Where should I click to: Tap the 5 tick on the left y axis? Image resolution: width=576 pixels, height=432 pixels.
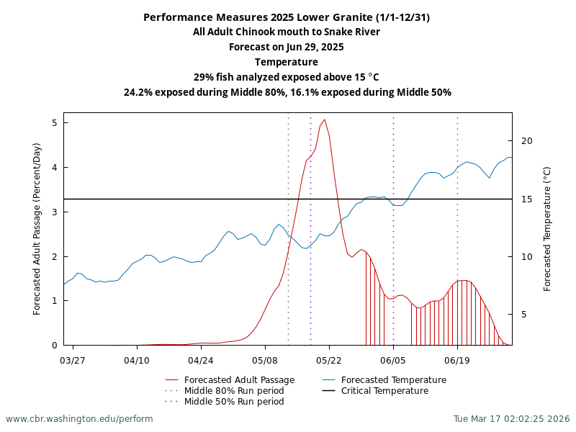[x=54, y=123]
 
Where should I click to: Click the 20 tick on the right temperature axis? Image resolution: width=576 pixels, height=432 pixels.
[x=526, y=140]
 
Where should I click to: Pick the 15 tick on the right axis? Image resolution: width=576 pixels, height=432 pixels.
[x=526, y=199]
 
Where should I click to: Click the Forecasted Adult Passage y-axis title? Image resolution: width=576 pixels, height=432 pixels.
[x=37, y=228]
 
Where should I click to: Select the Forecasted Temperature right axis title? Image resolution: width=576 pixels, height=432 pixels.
[x=547, y=228]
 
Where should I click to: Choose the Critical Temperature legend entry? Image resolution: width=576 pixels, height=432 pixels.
[x=384, y=391]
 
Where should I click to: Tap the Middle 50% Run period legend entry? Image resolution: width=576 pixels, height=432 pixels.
[x=234, y=402]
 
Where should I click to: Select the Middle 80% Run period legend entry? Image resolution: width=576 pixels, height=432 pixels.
[x=234, y=391]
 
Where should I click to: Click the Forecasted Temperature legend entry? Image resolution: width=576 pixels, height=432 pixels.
[x=393, y=380]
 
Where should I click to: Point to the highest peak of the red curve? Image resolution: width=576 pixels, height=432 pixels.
[x=325, y=120]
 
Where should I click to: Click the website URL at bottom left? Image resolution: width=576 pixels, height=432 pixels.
[x=79, y=419]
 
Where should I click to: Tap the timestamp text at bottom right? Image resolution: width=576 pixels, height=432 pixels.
[x=511, y=419]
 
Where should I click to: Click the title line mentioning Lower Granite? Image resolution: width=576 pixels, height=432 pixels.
[x=287, y=17]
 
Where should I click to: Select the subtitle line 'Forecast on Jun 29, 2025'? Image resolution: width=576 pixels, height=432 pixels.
[x=287, y=47]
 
